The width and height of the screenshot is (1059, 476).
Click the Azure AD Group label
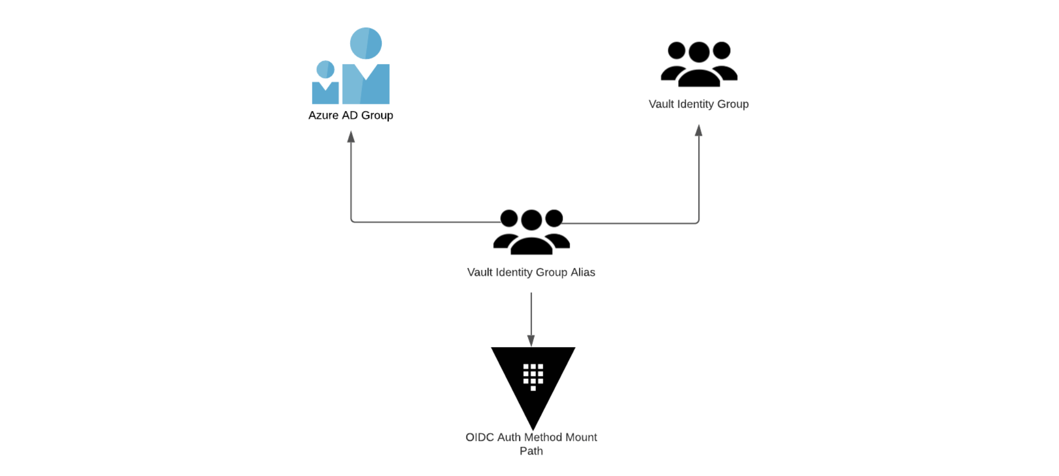(351, 115)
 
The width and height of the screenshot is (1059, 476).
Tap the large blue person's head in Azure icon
(366, 43)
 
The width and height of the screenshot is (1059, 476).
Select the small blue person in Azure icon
(325, 83)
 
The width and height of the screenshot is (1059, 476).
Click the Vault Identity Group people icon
(699, 64)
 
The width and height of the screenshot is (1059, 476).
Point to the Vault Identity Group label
(699, 104)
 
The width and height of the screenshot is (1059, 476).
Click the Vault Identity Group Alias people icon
(531, 232)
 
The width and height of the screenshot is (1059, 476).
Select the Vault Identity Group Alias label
(531, 272)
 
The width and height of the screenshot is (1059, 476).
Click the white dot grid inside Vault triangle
(533, 376)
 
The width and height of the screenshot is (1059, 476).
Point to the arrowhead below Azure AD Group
(351, 137)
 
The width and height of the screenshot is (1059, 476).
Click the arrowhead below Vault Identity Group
(699, 130)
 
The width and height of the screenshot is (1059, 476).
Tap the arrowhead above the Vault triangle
(531, 340)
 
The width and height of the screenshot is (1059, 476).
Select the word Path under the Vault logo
(531, 451)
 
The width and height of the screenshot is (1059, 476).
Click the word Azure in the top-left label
(323, 115)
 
